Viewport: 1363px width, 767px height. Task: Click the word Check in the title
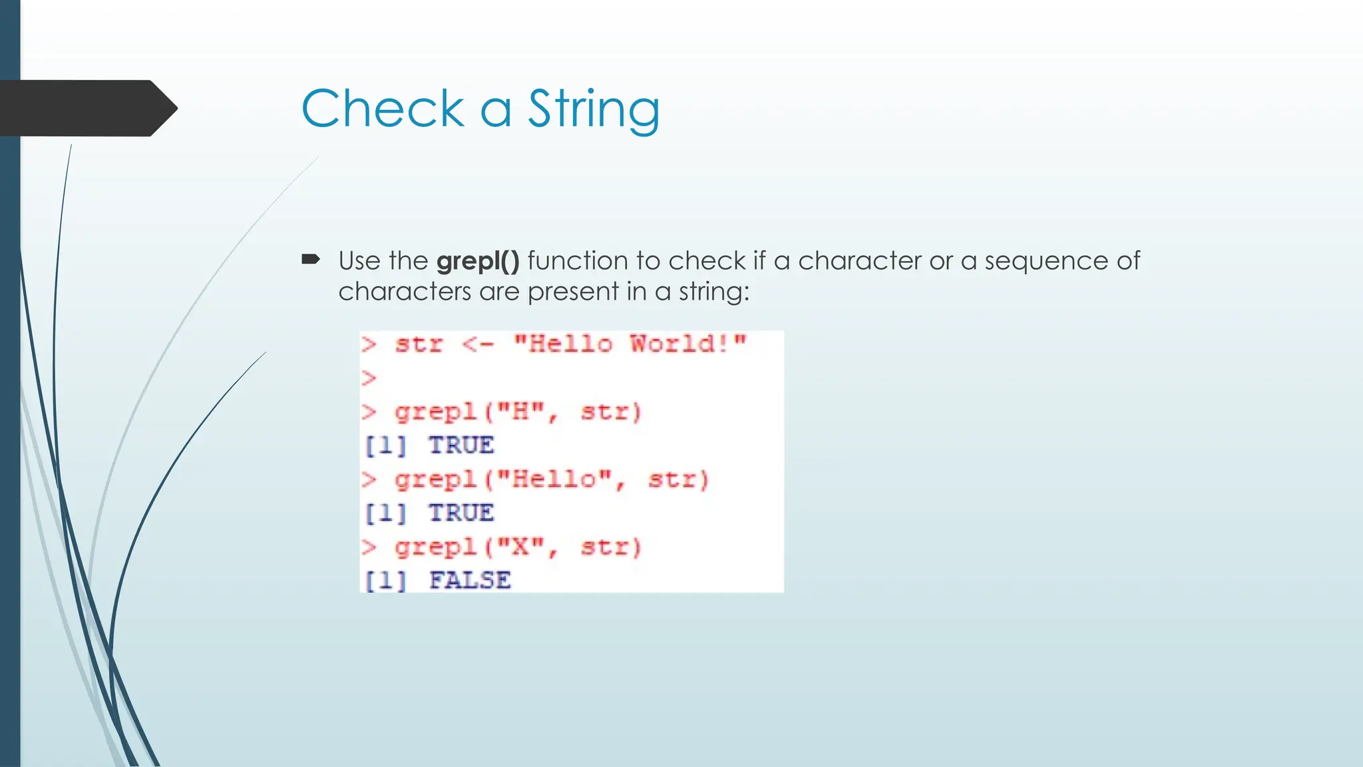383,109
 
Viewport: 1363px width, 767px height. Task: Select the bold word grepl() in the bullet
478,261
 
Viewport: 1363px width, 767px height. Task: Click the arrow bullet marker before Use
311,259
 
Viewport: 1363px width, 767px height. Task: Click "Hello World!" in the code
630,344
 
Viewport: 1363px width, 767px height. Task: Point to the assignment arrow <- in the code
478,345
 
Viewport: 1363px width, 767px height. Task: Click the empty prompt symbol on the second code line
369,378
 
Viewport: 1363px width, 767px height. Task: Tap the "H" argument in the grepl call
521,412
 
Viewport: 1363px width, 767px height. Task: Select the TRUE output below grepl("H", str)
461,445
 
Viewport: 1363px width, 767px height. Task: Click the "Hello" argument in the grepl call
554,480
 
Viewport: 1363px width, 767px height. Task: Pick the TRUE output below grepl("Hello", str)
461,513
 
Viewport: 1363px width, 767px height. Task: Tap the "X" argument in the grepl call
521,547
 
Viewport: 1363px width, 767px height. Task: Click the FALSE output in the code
470,581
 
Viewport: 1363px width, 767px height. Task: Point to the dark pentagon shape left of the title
87,109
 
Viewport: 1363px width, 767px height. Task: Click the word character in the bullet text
859,261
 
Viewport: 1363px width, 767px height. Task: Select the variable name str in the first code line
419,345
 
